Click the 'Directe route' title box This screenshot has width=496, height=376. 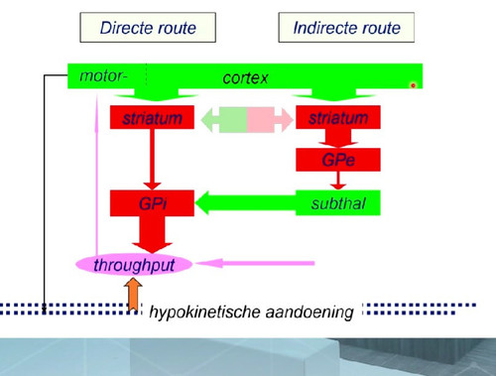(148, 28)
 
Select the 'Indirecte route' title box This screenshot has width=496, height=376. (346, 28)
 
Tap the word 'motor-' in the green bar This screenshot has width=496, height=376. (103, 75)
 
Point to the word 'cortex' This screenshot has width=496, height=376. (245, 78)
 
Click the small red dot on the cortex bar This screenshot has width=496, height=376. (413, 85)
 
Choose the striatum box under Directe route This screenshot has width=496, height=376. (152, 117)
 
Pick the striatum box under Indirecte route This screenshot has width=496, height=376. (338, 117)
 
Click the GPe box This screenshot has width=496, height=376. (338, 160)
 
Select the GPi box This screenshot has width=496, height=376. (152, 203)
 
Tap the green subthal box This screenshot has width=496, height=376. (338, 202)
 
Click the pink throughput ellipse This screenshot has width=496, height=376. (134, 265)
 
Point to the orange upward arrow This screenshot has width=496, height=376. (133, 295)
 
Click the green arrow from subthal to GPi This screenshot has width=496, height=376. (246, 202)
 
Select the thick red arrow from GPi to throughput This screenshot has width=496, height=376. (152, 234)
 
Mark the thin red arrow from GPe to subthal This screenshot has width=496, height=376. (338, 181)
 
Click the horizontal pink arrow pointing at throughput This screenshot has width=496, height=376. (255, 263)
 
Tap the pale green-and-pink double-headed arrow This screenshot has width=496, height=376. (247, 119)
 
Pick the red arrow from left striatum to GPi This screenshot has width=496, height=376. (152, 160)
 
